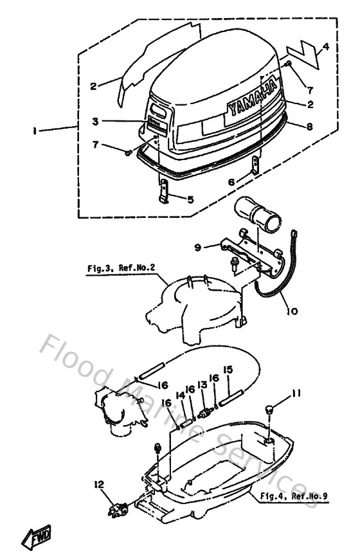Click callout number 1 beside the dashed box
[33, 131]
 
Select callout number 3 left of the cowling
[94, 121]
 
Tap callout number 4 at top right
[326, 47]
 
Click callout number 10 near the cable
[292, 311]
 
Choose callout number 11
[296, 393]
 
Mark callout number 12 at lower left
[99, 483]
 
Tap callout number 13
[203, 384]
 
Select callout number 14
[181, 397]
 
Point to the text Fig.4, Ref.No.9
[293, 496]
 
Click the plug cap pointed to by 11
[270, 410]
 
